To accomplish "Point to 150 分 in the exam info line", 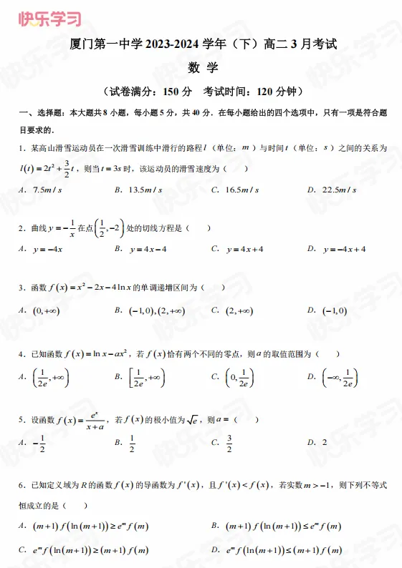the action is tap(178, 92).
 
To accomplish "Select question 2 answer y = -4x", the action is tap(49, 249).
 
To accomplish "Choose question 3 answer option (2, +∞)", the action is tap(244, 310).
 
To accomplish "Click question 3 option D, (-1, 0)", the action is tap(335, 310).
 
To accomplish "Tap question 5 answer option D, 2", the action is tap(324, 442).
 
